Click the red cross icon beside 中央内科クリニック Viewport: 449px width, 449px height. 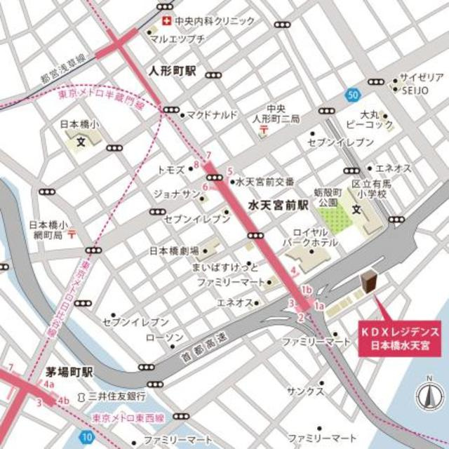click(x=167, y=21)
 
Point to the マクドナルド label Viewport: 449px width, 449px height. click(x=212, y=114)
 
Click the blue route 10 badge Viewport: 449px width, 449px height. click(x=86, y=436)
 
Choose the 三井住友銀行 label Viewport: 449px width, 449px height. click(x=117, y=397)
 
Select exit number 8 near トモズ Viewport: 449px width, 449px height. click(x=196, y=165)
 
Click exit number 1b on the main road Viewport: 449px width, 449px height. click(x=306, y=290)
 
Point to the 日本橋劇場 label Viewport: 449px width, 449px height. click(x=174, y=250)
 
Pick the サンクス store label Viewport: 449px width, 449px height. click(x=309, y=391)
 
